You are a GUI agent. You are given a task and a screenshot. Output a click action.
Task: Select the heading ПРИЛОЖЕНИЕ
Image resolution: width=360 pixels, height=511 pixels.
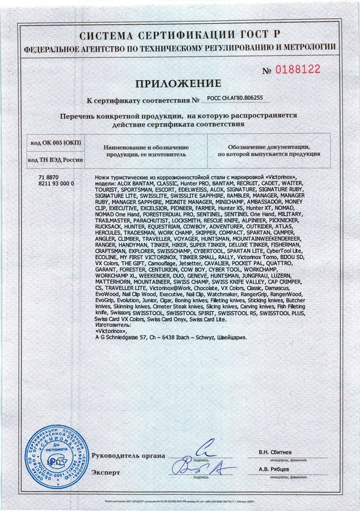point(178,84)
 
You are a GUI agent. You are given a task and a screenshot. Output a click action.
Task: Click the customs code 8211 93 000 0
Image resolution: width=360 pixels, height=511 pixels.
point(55,182)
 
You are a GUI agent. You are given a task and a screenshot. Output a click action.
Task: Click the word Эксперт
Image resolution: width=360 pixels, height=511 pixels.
point(106,472)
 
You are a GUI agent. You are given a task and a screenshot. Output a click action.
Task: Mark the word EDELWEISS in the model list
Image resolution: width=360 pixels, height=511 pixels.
point(193,188)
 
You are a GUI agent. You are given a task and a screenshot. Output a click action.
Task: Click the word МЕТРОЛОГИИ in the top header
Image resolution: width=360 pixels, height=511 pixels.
point(309,47)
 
